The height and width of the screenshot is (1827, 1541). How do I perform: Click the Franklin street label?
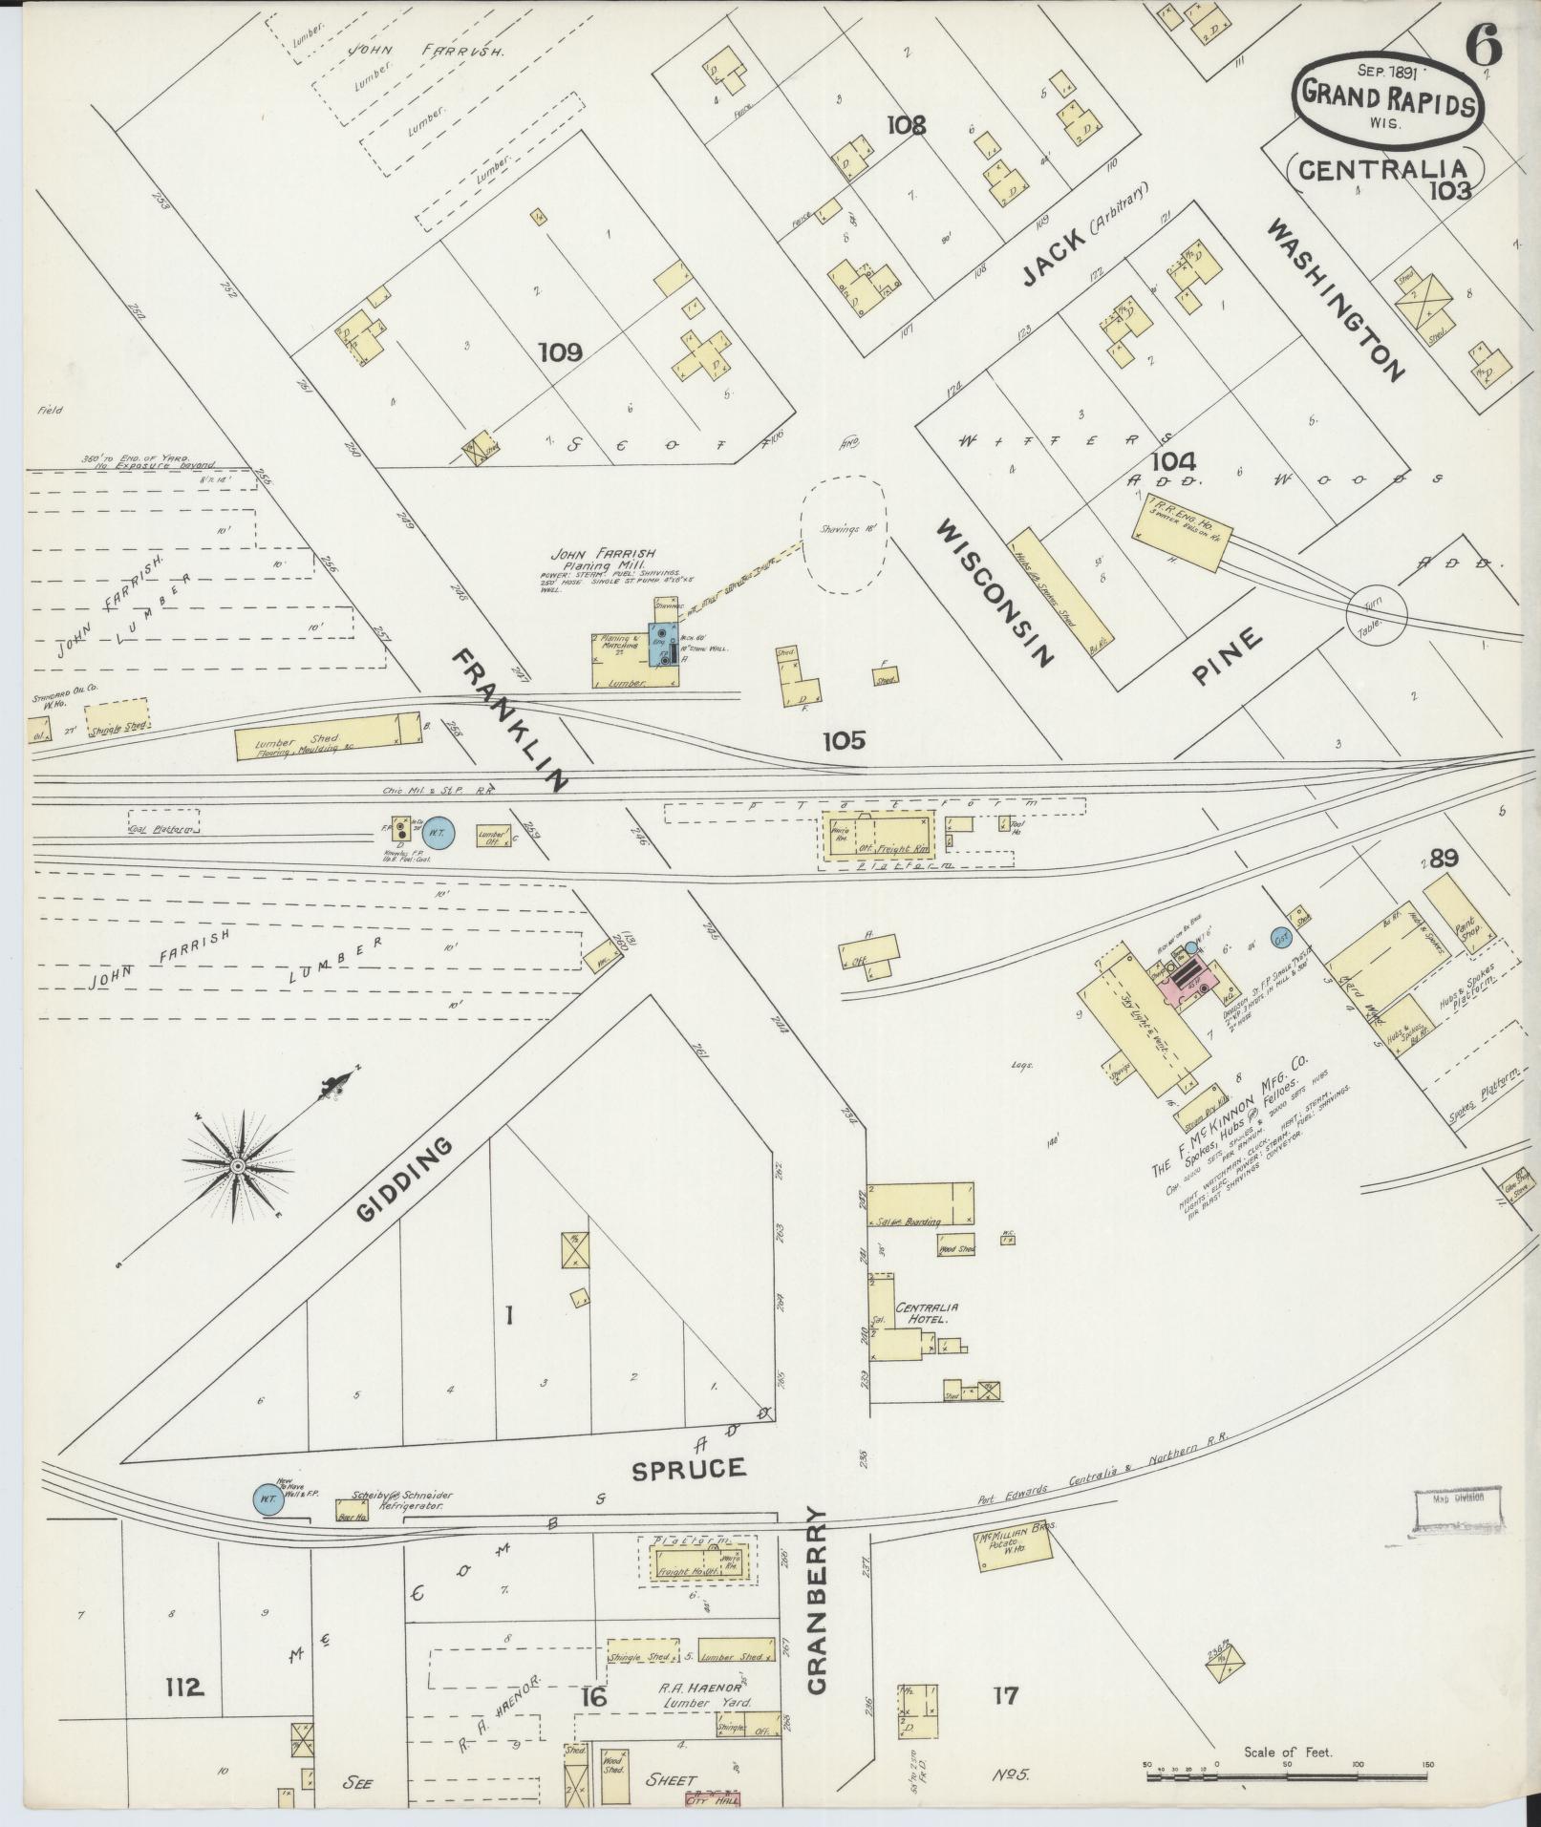[x=509, y=721]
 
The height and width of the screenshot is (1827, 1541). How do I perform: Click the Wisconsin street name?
[x=995, y=592]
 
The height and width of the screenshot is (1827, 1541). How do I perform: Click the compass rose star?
[x=237, y=1166]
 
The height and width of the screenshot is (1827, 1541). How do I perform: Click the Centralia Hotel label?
[x=926, y=1312]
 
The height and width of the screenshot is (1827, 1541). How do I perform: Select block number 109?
[x=560, y=353]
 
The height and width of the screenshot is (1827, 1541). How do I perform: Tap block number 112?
[x=184, y=1688]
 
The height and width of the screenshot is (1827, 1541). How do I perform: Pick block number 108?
[x=906, y=126]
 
